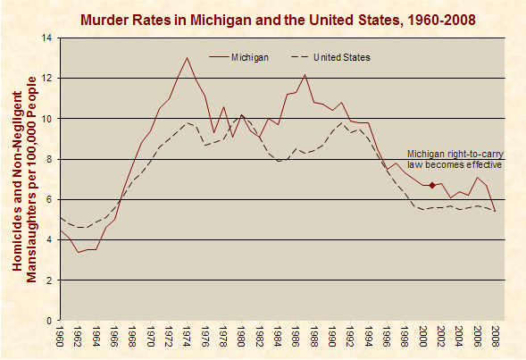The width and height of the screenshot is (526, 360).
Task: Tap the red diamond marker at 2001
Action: click(432, 185)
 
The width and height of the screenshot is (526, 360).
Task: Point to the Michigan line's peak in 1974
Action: click(187, 58)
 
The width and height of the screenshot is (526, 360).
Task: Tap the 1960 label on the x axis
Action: click(60, 339)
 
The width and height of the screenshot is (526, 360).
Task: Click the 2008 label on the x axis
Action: click(496, 339)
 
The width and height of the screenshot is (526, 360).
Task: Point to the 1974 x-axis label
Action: click(187, 339)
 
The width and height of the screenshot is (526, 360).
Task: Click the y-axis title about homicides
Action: click(23, 179)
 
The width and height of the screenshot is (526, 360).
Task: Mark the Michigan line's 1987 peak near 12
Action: click(305, 74)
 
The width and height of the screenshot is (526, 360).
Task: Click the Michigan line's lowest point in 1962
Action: click(78, 252)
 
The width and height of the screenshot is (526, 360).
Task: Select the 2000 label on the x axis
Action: click(423, 339)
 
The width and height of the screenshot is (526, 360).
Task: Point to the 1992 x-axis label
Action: click(350, 339)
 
